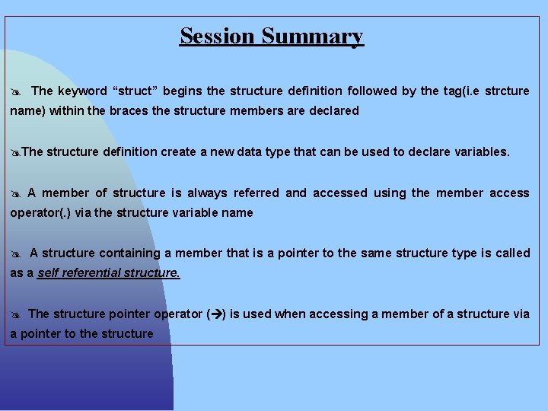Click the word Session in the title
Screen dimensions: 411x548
point(218,36)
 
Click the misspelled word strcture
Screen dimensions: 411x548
point(506,91)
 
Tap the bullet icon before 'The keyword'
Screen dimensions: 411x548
point(15,92)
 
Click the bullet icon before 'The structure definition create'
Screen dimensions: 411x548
point(15,152)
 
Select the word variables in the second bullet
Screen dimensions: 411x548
point(481,151)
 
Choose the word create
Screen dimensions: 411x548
point(177,151)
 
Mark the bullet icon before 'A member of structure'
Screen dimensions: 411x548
point(15,194)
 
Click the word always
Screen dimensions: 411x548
point(207,193)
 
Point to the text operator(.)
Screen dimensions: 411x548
point(39,213)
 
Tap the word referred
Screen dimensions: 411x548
point(256,193)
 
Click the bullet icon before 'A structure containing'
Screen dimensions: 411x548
point(15,254)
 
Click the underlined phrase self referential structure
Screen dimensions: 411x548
point(109,273)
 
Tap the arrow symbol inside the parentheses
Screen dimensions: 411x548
point(216,314)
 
